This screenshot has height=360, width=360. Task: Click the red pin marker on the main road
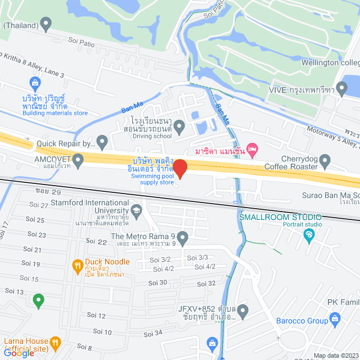179,168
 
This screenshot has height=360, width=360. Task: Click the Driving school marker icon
179,128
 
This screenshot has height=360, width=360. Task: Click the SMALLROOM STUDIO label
280,217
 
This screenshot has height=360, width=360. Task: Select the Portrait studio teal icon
308,235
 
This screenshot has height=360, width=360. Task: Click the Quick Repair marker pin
102,142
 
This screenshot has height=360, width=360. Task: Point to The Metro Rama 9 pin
183,238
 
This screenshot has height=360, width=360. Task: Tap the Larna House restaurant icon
55,342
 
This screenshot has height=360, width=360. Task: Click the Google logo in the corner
18,353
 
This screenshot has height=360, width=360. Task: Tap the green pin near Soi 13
38,301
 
